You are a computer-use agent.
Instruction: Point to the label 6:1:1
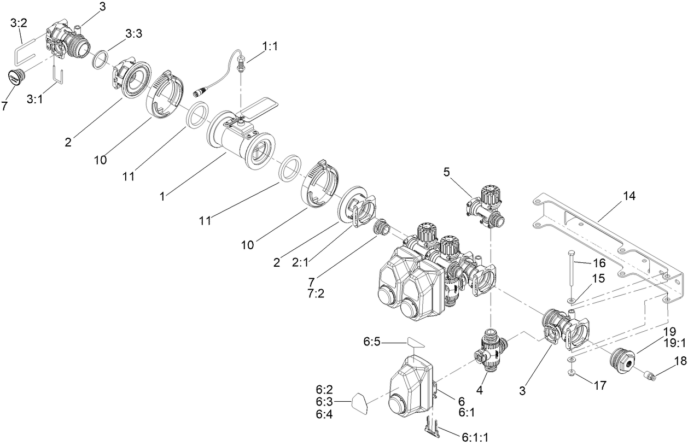(476, 437)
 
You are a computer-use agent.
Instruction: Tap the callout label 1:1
(270, 48)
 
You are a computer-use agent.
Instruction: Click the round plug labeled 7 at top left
(16, 77)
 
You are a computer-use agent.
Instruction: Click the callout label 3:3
(133, 34)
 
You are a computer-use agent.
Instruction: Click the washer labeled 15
(571, 301)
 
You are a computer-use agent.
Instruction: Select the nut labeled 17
(571, 373)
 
